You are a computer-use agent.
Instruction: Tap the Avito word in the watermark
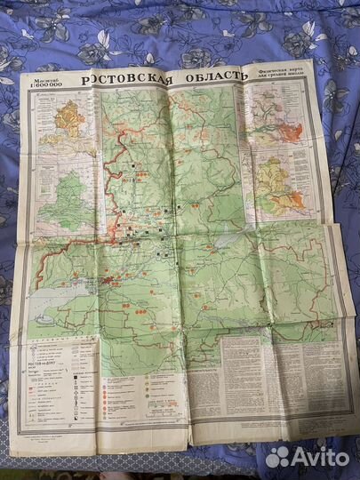[x=321, y=457]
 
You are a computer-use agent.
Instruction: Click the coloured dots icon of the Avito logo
[x=278, y=457]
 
